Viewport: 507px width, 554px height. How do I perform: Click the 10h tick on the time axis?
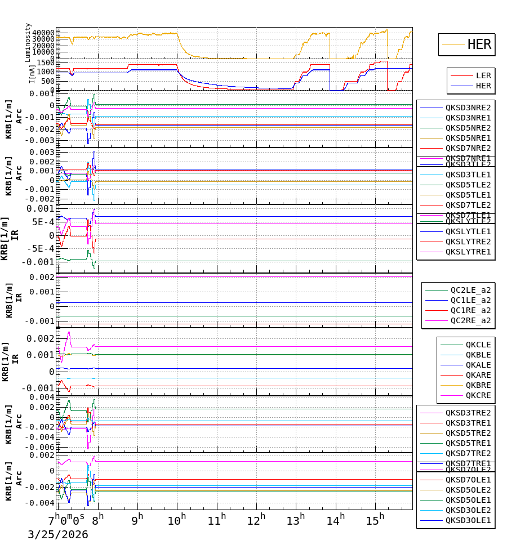177,519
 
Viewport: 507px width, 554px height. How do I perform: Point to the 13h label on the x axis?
297,519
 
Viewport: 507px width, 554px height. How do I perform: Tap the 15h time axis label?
377,519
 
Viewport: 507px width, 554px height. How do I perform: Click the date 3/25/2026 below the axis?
58,534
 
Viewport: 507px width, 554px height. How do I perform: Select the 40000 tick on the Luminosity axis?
43,32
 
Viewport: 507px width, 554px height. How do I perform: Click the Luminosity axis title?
28,42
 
